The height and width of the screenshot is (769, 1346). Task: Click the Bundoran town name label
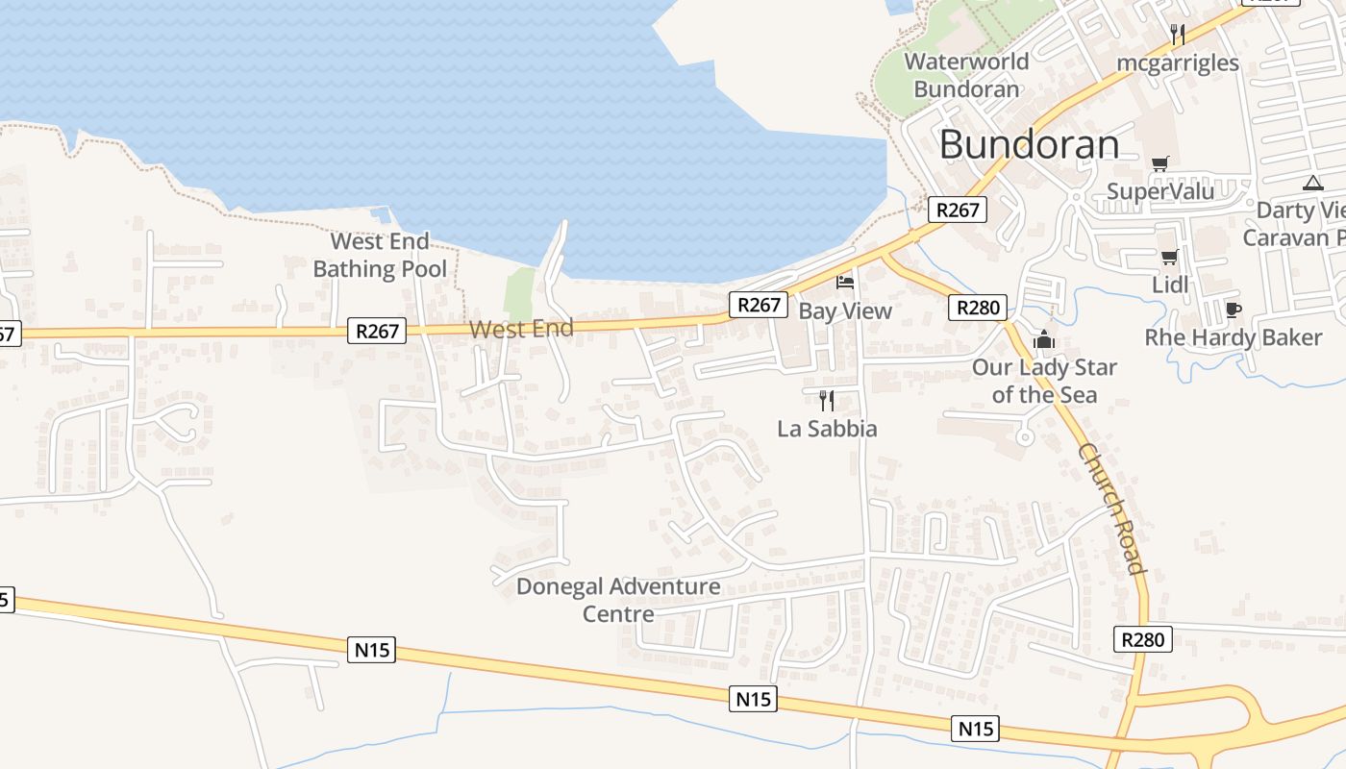click(x=1029, y=145)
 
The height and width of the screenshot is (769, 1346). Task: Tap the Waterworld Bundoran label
click(x=966, y=75)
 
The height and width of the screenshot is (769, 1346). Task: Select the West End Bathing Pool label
click(x=380, y=255)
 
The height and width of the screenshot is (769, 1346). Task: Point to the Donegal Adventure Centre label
click(x=618, y=599)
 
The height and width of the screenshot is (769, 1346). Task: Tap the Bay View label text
click(x=845, y=310)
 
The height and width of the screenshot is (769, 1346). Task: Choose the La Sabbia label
click(x=827, y=429)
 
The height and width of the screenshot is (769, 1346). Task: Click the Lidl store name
click(x=1170, y=285)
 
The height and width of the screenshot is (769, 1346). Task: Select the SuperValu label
click(x=1160, y=191)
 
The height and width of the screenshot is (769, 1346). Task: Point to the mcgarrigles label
click(x=1178, y=63)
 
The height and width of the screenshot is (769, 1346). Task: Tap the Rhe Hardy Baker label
click(x=1233, y=337)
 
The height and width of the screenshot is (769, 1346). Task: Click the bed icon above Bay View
click(x=845, y=282)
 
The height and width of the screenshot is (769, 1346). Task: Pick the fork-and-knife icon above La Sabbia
click(x=826, y=400)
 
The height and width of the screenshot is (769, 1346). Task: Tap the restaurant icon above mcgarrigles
click(x=1177, y=35)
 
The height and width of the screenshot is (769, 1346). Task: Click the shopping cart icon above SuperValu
click(x=1159, y=163)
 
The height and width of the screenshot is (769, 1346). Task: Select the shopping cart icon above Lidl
click(x=1169, y=257)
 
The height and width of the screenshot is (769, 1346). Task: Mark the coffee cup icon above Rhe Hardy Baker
click(x=1233, y=310)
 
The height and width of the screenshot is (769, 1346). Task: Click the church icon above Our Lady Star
click(x=1043, y=339)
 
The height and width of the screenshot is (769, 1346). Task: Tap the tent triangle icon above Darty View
click(x=1312, y=183)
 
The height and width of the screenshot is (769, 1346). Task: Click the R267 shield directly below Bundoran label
click(x=958, y=210)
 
